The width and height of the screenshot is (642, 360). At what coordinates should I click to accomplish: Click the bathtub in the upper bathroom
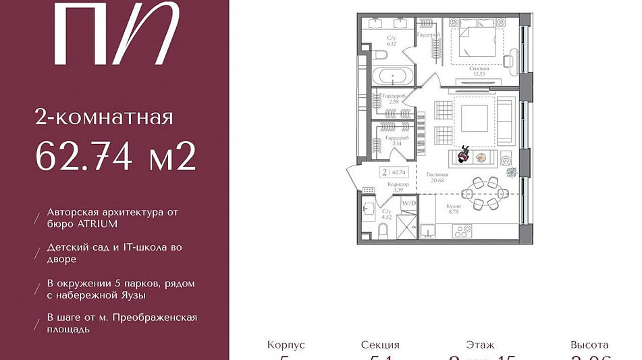point(390,74)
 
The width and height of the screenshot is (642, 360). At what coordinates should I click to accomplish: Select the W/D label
point(408,201)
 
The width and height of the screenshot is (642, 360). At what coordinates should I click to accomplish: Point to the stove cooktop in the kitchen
point(462,231)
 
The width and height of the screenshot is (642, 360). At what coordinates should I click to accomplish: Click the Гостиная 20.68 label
point(437,178)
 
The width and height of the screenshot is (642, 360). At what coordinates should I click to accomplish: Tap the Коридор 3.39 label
point(397,186)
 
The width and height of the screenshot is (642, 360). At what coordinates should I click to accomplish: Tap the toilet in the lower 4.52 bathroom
point(382,232)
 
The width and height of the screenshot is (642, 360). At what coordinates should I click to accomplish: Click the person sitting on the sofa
point(463,155)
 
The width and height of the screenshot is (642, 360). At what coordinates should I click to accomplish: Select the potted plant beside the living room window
point(512,172)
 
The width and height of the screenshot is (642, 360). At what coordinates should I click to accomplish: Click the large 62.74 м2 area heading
point(115,157)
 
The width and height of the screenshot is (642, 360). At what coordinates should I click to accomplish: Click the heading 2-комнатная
point(104,118)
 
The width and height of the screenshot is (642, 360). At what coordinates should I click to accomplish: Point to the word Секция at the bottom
point(380,344)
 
